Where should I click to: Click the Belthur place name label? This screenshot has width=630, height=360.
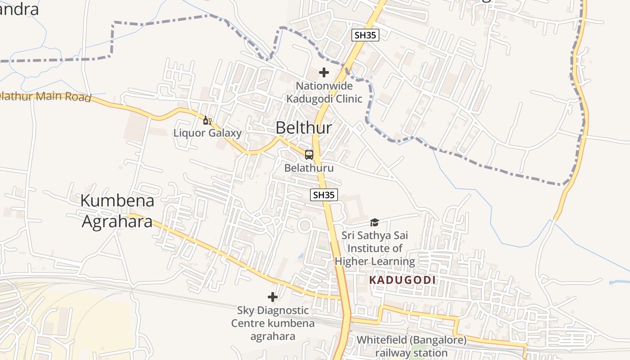pos(304,128)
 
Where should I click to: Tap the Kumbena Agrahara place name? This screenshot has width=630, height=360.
pos(117,211)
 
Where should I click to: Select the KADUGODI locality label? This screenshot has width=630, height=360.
pos(402,280)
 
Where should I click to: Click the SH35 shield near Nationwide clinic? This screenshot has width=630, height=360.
pos(365,35)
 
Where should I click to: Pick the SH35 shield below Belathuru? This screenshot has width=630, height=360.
pos(324,195)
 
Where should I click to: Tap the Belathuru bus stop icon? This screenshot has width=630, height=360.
pos(309,155)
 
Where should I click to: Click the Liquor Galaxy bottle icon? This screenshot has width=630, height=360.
pos(207,120)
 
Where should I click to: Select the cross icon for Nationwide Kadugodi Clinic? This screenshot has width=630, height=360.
pos(324,72)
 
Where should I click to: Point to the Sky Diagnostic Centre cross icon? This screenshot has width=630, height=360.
pos(273,297)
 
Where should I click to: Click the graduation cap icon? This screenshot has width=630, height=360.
pos(374,222)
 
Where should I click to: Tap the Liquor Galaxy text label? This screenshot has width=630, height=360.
pos(207,133)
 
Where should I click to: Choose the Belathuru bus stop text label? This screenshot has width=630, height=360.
pos(309,168)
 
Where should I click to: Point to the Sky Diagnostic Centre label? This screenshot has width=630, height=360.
pos(273,323)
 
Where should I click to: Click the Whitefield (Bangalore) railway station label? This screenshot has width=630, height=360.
pos(411,346)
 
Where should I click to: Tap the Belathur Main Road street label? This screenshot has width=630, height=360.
pos(45,96)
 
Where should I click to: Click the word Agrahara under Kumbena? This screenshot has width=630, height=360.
pos(117,221)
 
